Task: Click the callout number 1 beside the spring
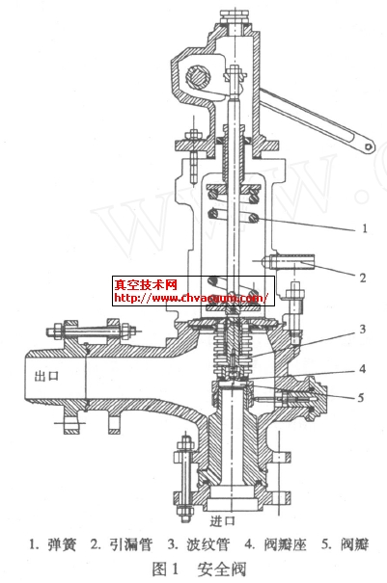(x=365, y=228)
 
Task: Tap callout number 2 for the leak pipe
(x=363, y=278)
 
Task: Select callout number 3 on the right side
(x=363, y=329)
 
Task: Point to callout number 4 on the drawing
(x=363, y=369)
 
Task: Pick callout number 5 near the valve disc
(x=361, y=398)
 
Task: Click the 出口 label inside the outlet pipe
(x=46, y=376)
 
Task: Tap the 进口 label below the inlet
(x=222, y=521)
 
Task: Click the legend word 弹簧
(x=62, y=544)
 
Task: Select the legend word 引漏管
(x=131, y=544)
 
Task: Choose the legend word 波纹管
(x=207, y=544)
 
